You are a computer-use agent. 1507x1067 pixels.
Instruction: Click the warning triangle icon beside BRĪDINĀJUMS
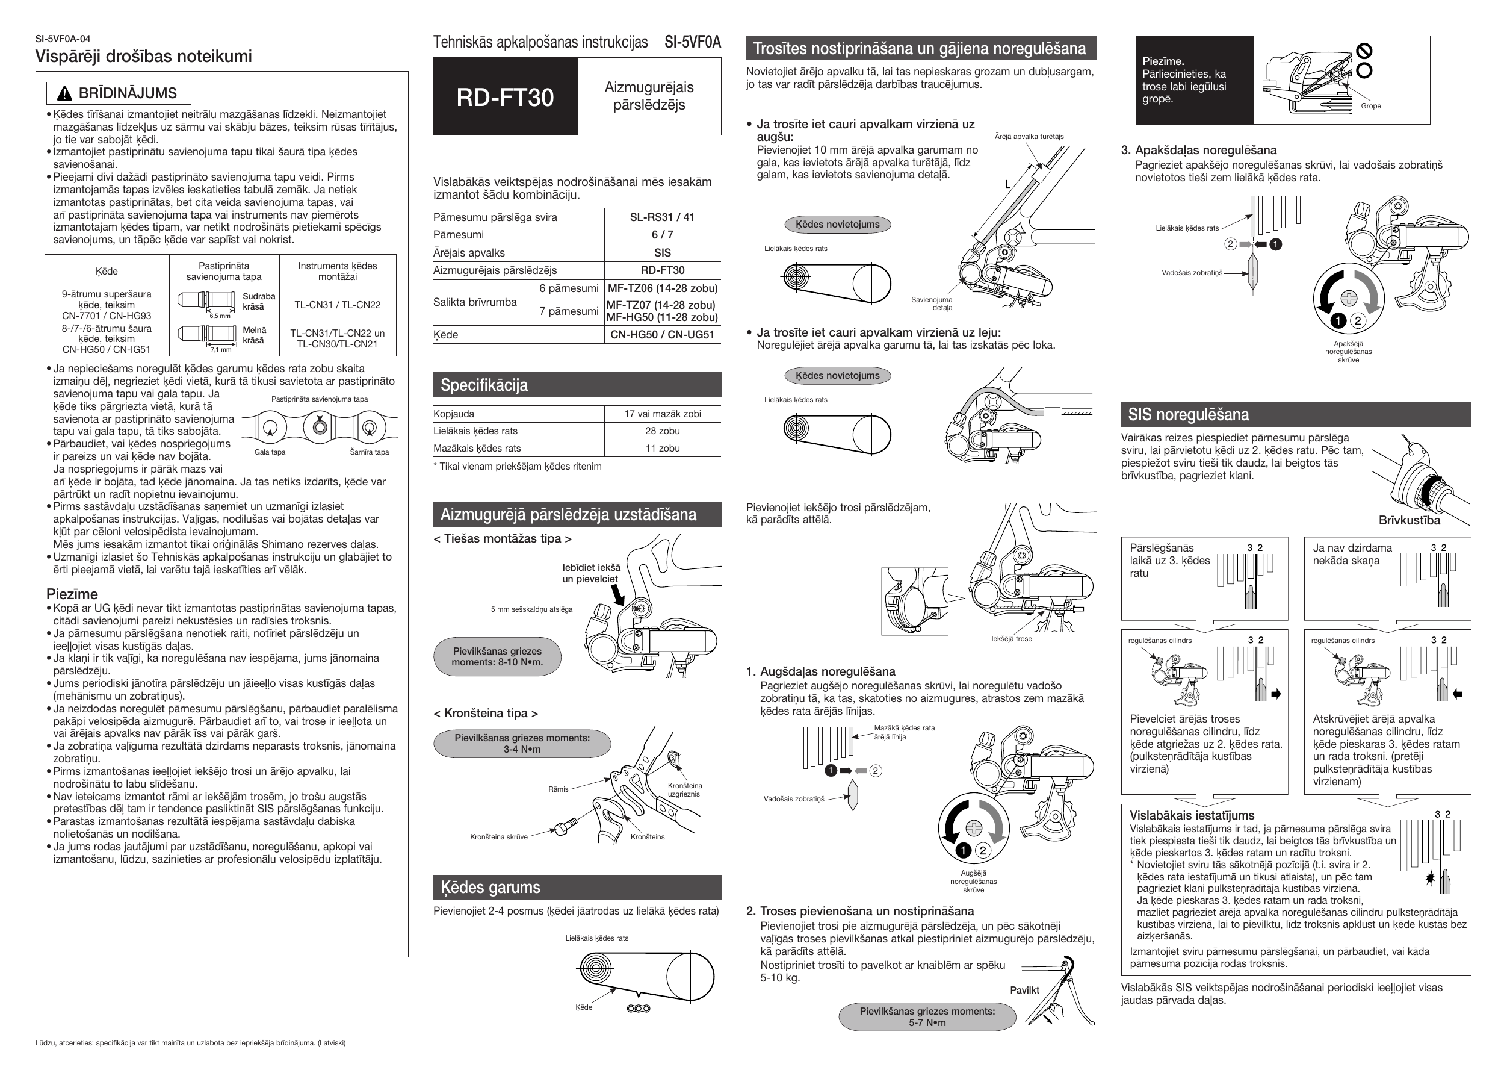[64, 94]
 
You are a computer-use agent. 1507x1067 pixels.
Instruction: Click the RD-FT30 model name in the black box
[505, 97]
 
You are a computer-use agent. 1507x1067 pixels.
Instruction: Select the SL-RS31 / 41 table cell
[662, 217]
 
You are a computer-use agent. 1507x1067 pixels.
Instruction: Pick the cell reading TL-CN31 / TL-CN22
[338, 305]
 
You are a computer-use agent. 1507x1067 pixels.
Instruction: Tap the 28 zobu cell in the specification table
[662, 431]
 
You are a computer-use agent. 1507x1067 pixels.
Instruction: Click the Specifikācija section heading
[484, 385]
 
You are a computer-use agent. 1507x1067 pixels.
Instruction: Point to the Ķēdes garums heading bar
[490, 887]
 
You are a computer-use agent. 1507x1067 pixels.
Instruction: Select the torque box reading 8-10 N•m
[497, 656]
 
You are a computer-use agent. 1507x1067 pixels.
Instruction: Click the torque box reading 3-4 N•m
[522, 744]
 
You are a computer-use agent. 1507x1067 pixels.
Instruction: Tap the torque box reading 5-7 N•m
[926, 1016]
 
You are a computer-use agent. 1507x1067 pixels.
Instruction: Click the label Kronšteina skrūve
[498, 837]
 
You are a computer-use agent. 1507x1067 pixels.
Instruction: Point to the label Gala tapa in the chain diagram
[270, 452]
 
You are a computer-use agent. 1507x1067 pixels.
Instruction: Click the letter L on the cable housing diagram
[1007, 185]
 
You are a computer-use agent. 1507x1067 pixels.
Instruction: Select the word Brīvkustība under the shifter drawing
[1409, 520]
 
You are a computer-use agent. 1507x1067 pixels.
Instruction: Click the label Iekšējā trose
[1011, 639]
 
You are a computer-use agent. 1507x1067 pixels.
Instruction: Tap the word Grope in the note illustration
[1370, 106]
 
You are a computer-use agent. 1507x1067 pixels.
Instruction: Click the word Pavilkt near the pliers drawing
[1024, 990]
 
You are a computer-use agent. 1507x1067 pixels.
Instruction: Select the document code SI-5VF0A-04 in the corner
[63, 39]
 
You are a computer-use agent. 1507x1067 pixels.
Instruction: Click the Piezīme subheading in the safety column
[72, 594]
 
